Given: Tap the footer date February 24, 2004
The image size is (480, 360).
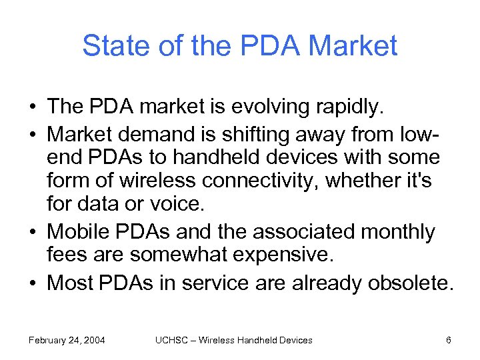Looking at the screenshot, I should (x=67, y=340).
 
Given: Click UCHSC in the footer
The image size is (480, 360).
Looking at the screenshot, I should (x=168, y=340).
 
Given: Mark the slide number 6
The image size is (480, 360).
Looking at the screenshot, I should (x=449, y=340).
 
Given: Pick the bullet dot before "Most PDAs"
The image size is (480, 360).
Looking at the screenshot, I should (x=33, y=283).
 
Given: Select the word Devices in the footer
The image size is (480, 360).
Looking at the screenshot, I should (x=295, y=340).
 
